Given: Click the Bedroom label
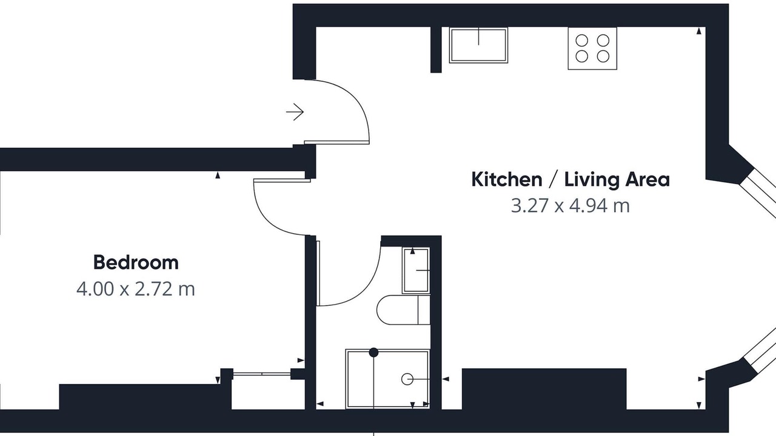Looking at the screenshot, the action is pyautogui.click(x=136, y=262).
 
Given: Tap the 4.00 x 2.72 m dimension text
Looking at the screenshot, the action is pyautogui.click(x=135, y=289).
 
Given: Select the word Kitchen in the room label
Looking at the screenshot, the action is pyautogui.click(x=506, y=180).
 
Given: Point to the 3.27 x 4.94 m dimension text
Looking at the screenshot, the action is pyautogui.click(x=570, y=205).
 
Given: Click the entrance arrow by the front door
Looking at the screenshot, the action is pyautogui.click(x=295, y=112).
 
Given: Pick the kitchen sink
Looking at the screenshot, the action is pyautogui.click(x=478, y=45).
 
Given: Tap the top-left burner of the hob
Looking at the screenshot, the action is pyautogui.click(x=581, y=41).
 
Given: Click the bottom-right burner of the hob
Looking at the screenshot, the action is pyautogui.click(x=603, y=56).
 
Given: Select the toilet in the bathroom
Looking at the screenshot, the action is pyautogui.click(x=403, y=309).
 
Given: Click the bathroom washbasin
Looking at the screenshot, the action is pyautogui.click(x=416, y=270).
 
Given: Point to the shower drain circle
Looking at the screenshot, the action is pyautogui.click(x=407, y=379).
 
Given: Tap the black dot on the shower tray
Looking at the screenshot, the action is pyautogui.click(x=373, y=352).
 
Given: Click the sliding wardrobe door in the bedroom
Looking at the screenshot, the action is pyautogui.click(x=262, y=374).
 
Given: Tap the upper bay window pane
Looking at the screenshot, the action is pyautogui.click(x=758, y=194).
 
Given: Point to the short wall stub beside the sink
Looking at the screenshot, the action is pyautogui.click(x=436, y=50).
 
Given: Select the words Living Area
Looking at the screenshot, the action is pyautogui.click(x=617, y=180).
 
